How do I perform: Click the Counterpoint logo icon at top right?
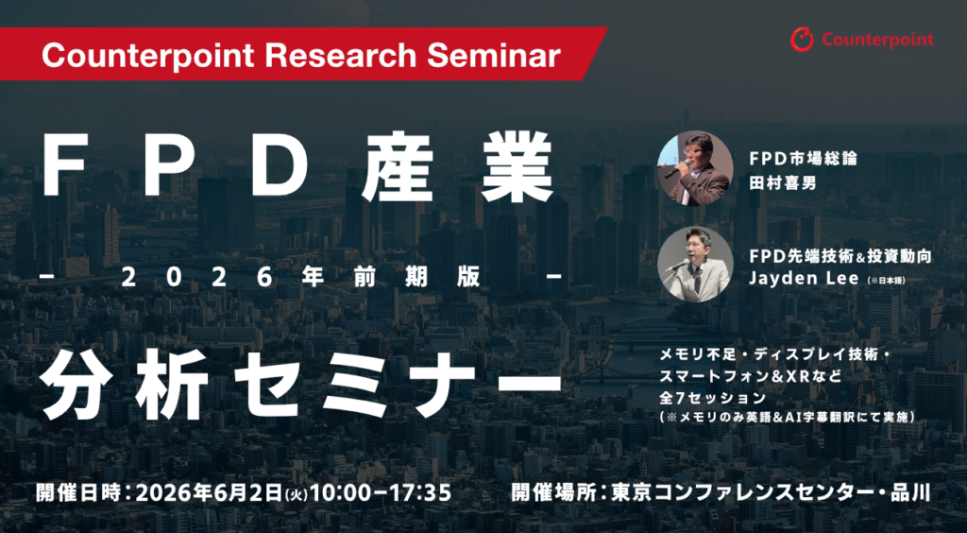click(x=802, y=40)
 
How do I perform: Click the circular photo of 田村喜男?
click(x=695, y=168)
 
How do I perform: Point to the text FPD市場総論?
click(x=796, y=157)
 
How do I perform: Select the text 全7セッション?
click(x=716, y=397)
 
